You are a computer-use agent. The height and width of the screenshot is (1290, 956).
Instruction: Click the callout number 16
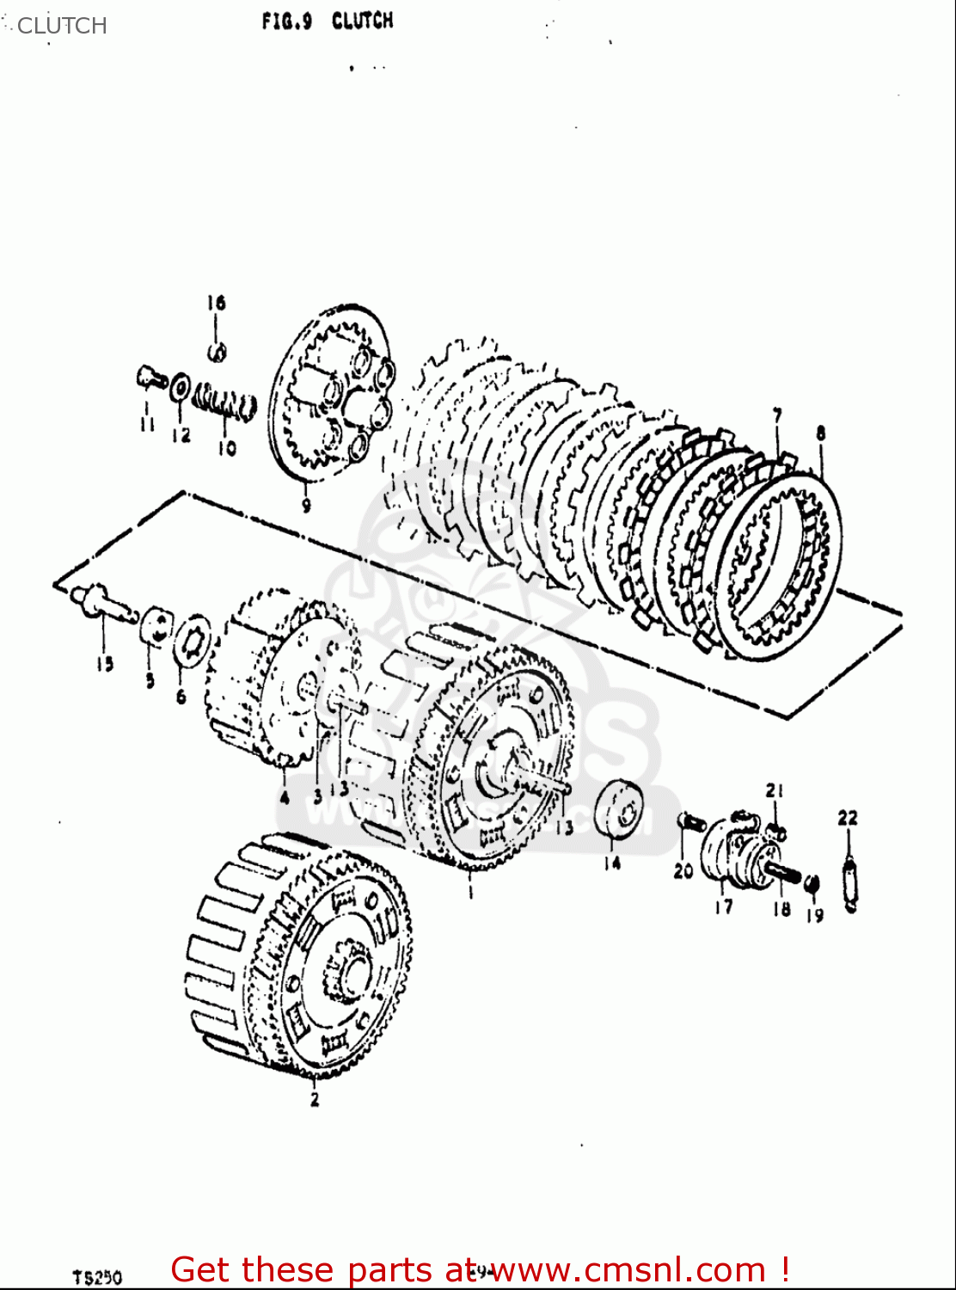216,303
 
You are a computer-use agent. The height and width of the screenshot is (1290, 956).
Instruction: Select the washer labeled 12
180,387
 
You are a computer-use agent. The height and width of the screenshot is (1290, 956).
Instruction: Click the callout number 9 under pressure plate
306,506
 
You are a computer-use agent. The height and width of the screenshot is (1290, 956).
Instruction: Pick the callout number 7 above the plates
777,416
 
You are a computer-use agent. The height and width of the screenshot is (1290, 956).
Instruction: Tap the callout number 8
821,433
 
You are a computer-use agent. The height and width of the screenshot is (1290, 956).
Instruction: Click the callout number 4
285,796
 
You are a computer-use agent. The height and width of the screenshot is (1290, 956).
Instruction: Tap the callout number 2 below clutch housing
315,1098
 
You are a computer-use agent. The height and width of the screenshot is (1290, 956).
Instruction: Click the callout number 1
470,893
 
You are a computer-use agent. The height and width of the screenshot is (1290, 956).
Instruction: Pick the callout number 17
724,906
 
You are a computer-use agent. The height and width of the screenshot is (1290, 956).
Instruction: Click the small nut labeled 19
812,883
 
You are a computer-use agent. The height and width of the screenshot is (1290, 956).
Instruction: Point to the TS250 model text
97,1277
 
